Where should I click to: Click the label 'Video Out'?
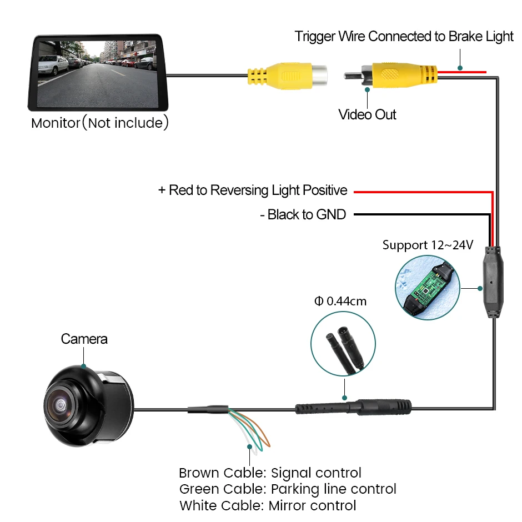click(367, 115)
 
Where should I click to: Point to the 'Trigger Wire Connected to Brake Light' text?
click(404, 37)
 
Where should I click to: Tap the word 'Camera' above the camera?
click(84, 339)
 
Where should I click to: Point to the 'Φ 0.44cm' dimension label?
click(340, 302)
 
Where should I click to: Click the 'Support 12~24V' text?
click(428, 245)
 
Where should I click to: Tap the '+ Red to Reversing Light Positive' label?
click(253, 190)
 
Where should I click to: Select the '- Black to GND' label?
click(303, 214)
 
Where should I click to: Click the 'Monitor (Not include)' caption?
click(100, 123)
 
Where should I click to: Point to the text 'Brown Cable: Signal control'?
click(270, 473)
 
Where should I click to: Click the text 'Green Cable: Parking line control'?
click(288, 489)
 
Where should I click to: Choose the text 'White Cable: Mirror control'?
click(268, 505)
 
